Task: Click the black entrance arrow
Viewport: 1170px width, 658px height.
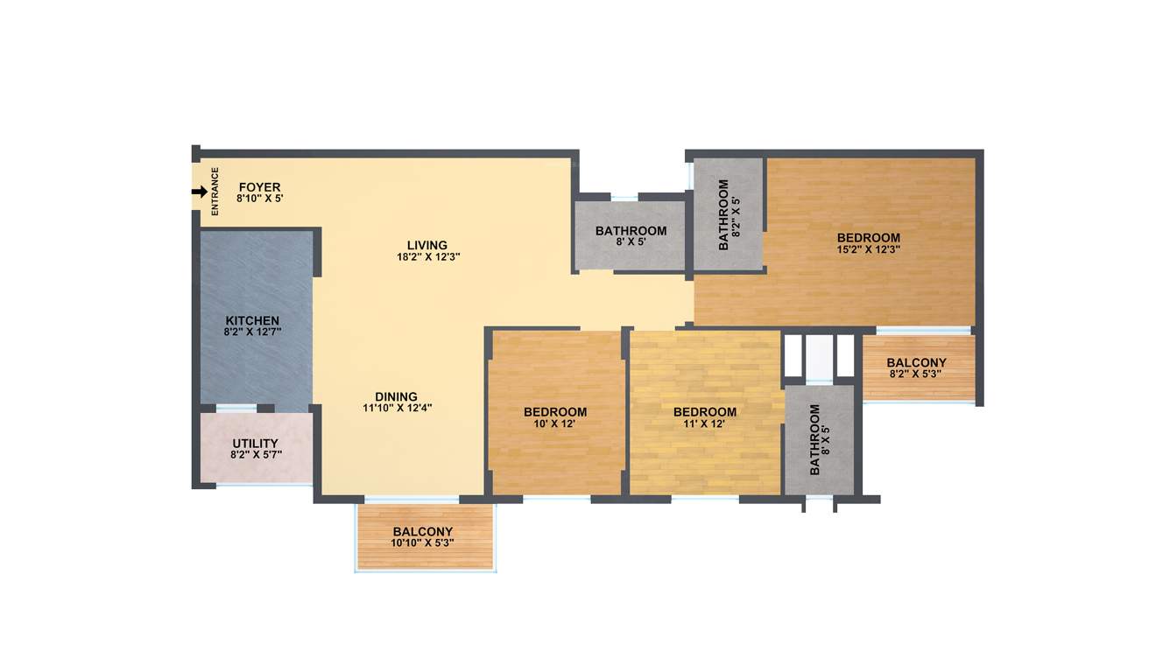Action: (x=200, y=192)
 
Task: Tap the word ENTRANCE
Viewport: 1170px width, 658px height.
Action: (x=215, y=192)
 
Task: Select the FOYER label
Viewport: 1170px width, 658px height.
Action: (x=259, y=187)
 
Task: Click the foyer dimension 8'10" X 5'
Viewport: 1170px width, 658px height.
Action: (x=259, y=199)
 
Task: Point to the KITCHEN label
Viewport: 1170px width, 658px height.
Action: (x=252, y=321)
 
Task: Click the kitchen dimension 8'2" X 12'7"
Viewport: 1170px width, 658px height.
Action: (x=252, y=332)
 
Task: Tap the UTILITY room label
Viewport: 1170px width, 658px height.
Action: (x=255, y=444)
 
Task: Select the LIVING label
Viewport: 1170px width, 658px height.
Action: (x=426, y=245)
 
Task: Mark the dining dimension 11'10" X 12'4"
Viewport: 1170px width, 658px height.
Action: (x=398, y=408)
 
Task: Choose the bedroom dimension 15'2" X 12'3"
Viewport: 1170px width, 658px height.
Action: (x=868, y=249)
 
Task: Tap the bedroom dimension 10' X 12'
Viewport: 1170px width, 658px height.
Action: (x=555, y=423)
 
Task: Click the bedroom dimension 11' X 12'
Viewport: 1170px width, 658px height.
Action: (x=704, y=423)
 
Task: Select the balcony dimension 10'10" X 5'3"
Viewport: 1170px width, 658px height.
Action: (x=422, y=542)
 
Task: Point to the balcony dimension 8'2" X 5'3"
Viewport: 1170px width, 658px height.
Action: (x=916, y=374)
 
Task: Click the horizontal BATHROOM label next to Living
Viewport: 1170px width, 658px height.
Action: (x=631, y=231)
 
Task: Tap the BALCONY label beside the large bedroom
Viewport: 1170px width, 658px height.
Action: (x=916, y=363)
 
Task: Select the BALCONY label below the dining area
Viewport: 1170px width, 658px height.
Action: (x=422, y=531)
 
